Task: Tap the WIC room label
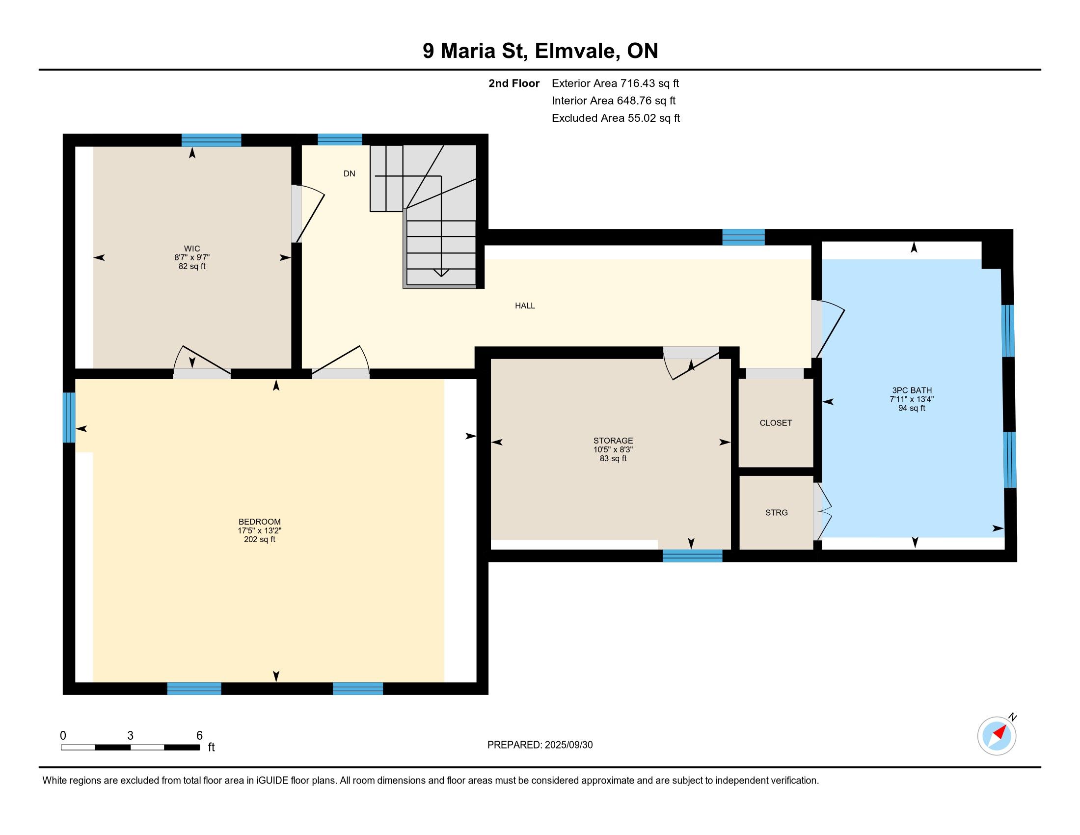click(x=192, y=249)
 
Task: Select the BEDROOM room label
click(x=260, y=521)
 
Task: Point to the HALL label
click(x=525, y=306)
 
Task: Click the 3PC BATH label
click(x=912, y=390)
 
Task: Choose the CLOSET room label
click(x=776, y=423)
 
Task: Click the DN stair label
click(x=350, y=173)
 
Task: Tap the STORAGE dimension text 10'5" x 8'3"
click(x=613, y=449)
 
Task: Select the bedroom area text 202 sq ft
click(x=260, y=539)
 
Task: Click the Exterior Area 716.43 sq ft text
click(x=616, y=83)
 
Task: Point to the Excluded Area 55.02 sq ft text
click(x=616, y=118)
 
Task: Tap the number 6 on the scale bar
click(x=200, y=736)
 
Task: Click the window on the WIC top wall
click(x=211, y=140)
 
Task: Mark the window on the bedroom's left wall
click(x=69, y=417)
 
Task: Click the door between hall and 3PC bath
click(x=827, y=329)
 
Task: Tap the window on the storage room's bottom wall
click(x=692, y=556)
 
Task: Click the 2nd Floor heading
click(x=514, y=83)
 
